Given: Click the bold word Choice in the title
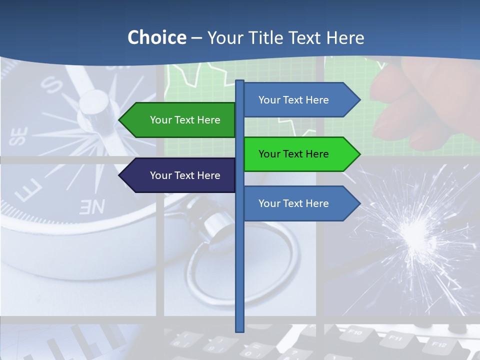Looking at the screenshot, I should pyautogui.click(x=156, y=38).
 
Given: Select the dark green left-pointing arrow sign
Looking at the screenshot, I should pyautogui.click(x=178, y=120).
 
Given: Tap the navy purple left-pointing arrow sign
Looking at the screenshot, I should pyautogui.click(x=178, y=175).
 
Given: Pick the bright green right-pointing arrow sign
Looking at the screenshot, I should pyautogui.click(x=300, y=154).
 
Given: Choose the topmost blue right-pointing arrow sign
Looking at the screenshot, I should pyautogui.click(x=300, y=100).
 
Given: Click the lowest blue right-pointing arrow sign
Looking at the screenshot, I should pyautogui.click(x=300, y=203).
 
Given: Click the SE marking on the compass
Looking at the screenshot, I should pyautogui.click(x=19, y=136).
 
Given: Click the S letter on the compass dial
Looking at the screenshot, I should pyautogui.click(x=51, y=85).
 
